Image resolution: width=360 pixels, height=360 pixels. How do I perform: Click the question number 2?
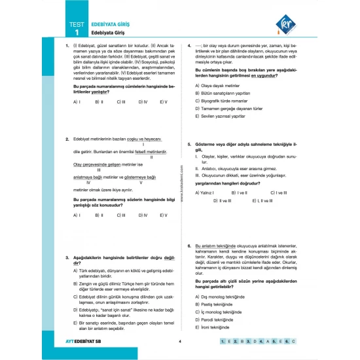pos(68,139)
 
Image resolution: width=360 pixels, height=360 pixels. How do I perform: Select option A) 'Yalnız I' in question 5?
pos(206,193)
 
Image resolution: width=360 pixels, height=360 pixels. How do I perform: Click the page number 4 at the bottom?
pos(179,341)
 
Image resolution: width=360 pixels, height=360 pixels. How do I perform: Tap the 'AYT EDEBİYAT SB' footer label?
pos(88,342)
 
